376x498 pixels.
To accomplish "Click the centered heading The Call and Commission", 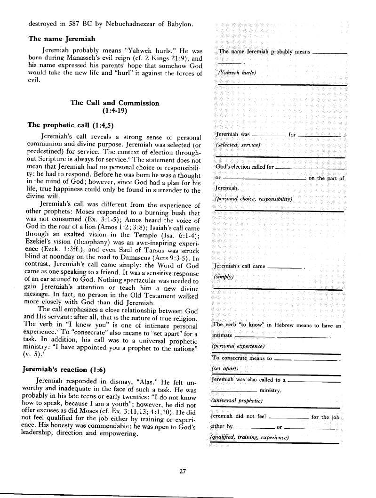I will (115, 103).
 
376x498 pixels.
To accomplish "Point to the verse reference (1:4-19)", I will (115, 112).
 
